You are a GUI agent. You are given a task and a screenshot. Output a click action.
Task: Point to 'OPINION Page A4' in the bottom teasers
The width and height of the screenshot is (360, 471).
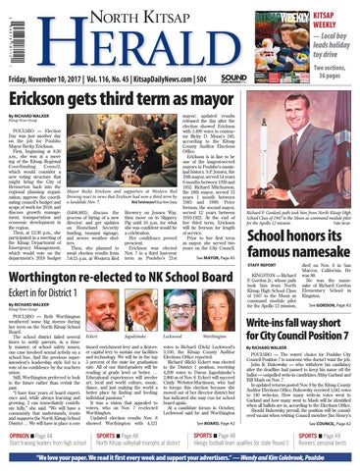[35, 433]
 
